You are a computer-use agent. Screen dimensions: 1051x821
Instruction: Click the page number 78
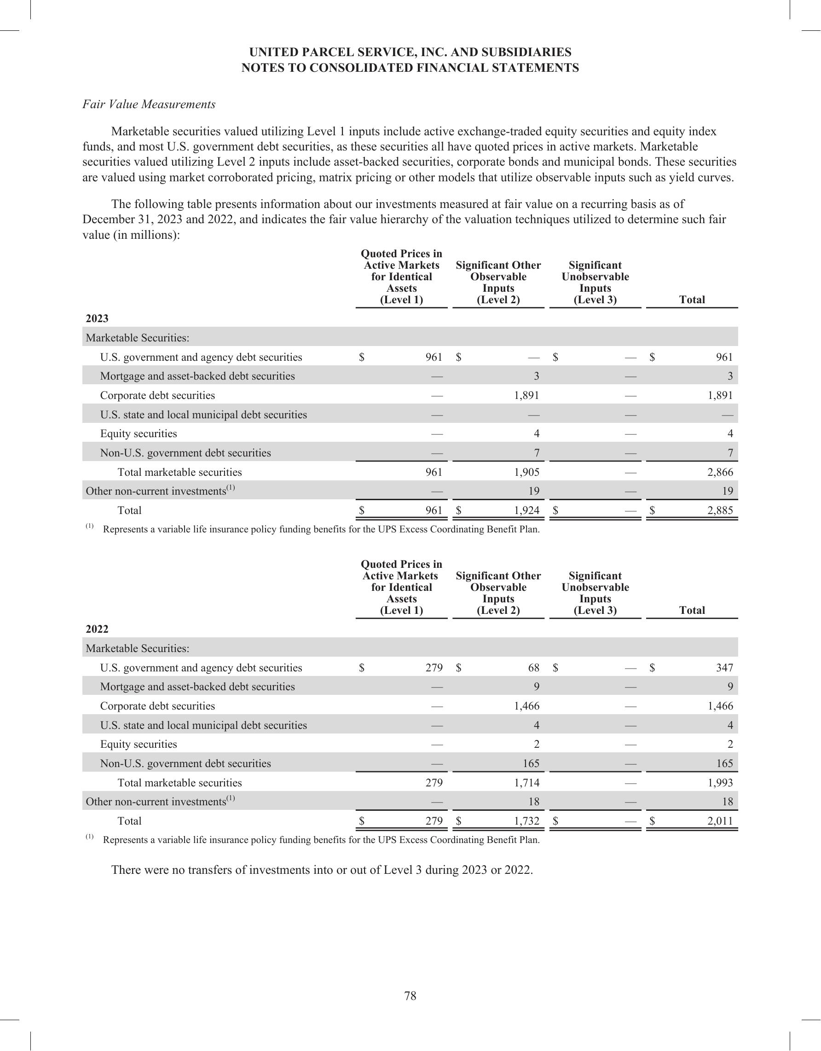pyautogui.click(x=410, y=996)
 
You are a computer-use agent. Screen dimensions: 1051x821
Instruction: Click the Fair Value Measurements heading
pyautogui.click(x=149, y=104)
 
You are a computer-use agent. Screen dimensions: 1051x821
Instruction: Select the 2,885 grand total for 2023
pyautogui.click(x=720, y=511)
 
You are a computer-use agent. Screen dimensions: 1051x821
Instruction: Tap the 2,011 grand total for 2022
pyautogui.click(x=720, y=821)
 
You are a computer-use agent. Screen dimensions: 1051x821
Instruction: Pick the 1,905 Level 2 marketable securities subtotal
pyautogui.click(x=526, y=472)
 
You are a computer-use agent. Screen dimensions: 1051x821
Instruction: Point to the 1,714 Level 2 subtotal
pyautogui.click(x=526, y=782)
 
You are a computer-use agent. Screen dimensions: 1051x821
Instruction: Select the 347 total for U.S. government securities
pyautogui.click(x=724, y=668)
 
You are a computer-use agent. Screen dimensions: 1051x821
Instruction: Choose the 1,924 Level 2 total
pyautogui.click(x=526, y=511)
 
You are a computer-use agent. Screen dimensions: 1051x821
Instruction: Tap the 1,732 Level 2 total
pyautogui.click(x=526, y=821)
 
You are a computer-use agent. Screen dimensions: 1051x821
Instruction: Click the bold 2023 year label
pyautogui.click(x=97, y=318)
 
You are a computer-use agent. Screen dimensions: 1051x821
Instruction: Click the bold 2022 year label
pyautogui.click(x=97, y=629)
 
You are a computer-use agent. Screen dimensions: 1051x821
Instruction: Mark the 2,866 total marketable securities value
pyautogui.click(x=720, y=472)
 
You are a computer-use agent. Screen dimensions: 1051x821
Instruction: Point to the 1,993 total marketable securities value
pyautogui.click(x=720, y=782)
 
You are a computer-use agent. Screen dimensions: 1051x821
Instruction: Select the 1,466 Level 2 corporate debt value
pyautogui.click(x=526, y=706)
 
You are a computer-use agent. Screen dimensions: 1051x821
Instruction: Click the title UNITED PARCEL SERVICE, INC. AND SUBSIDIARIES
pyautogui.click(x=410, y=52)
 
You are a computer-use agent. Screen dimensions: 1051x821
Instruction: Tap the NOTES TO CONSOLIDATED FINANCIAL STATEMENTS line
pyautogui.click(x=410, y=68)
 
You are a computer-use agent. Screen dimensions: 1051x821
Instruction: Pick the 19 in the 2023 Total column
pyautogui.click(x=727, y=491)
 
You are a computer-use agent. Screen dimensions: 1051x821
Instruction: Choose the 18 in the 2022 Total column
pyautogui.click(x=727, y=802)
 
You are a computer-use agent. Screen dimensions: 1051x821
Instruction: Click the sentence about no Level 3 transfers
pyautogui.click(x=322, y=870)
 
